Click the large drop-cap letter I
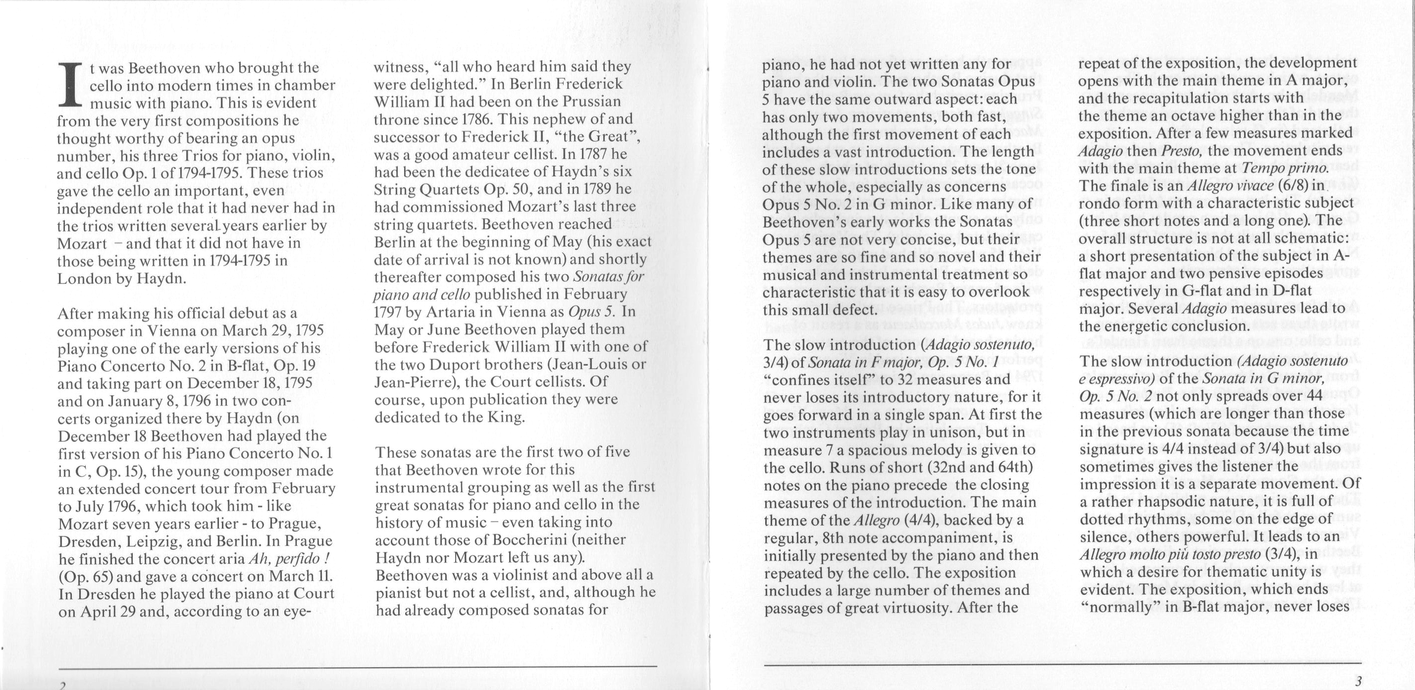[x=70, y=84]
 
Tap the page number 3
[x=1358, y=682]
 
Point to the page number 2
[x=62, y=685]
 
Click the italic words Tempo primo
[x=1295, y=168]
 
